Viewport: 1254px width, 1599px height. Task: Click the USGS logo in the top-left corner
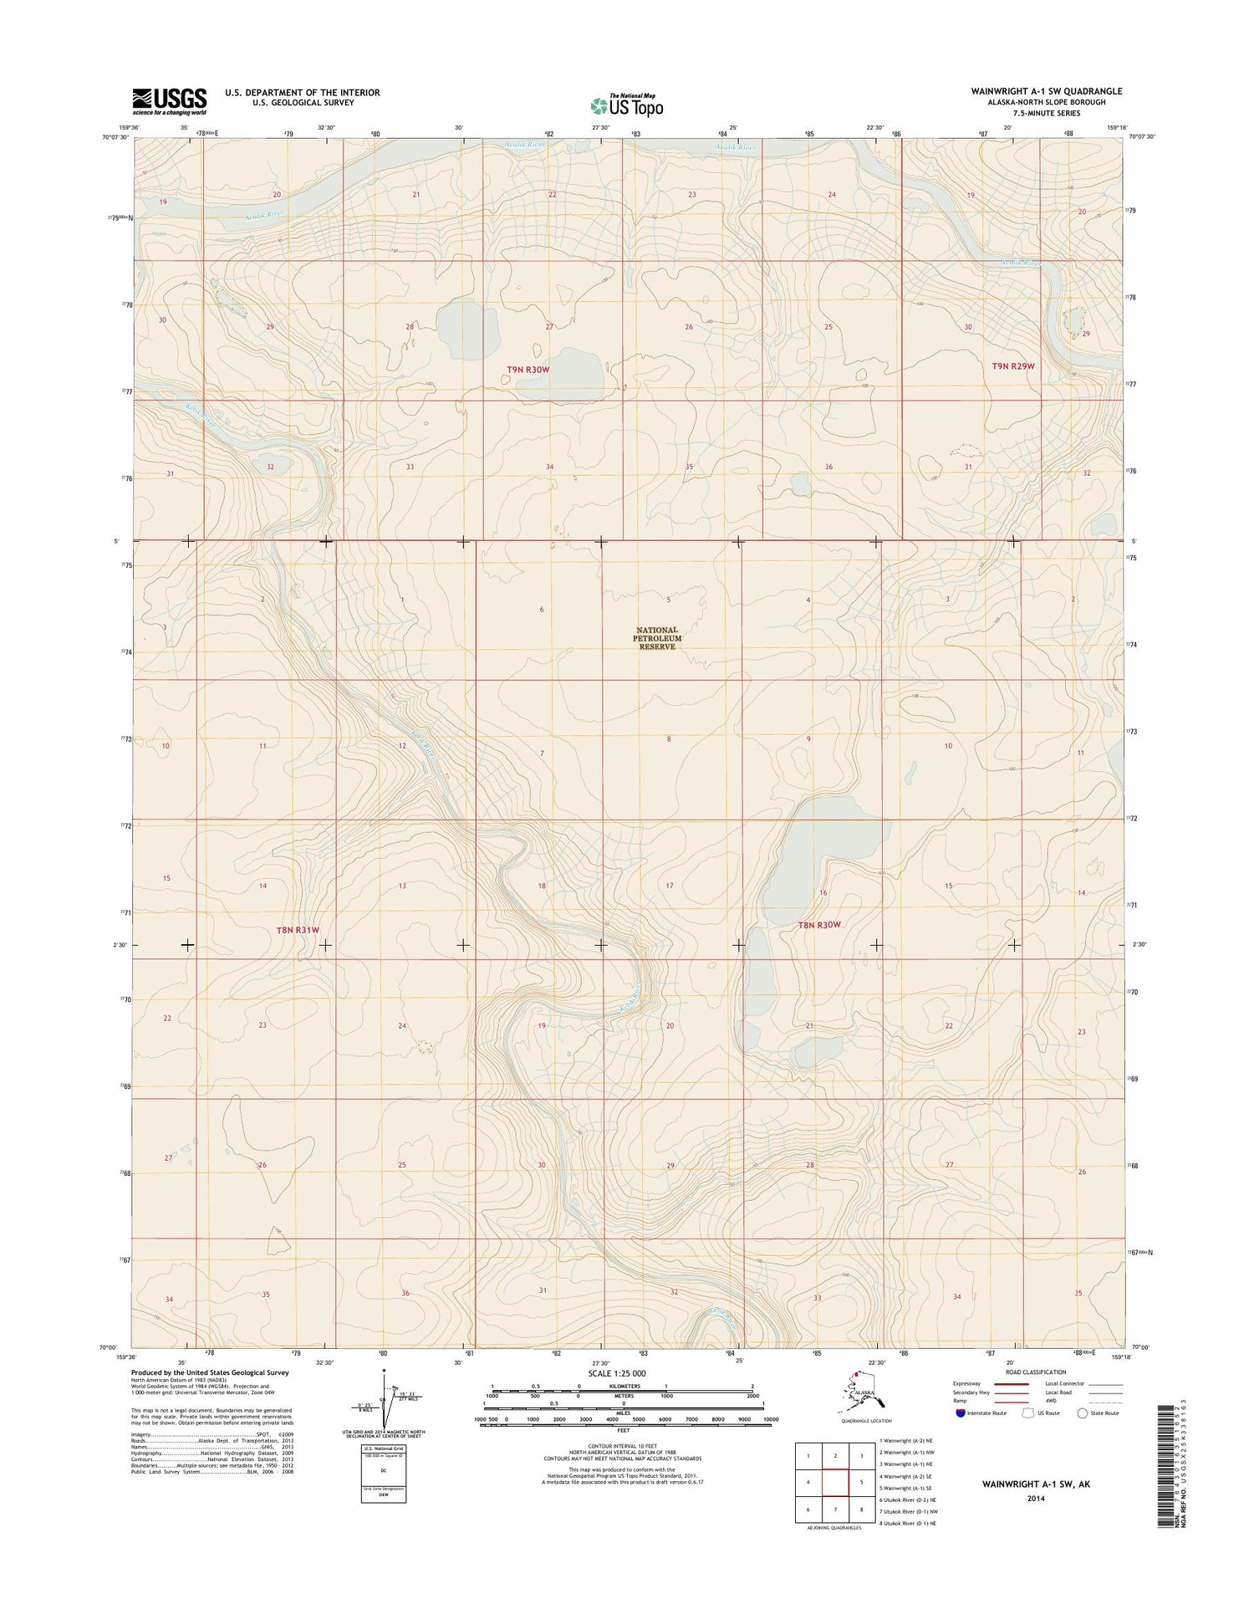(x=169, y=101)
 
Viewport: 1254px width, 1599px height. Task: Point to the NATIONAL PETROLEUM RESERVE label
(x=658, y=638)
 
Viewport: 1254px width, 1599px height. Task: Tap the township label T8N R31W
(x=298, y=930)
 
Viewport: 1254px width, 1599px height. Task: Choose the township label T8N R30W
(x=818, y=925)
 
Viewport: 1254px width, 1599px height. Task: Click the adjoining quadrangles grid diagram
(x=835, y=1483)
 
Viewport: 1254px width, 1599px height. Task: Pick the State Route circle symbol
(x=1083, y=1413)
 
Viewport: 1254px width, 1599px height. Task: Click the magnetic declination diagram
(x=385, y=1399)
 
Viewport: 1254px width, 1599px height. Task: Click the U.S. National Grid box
(x=384, y=1471)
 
